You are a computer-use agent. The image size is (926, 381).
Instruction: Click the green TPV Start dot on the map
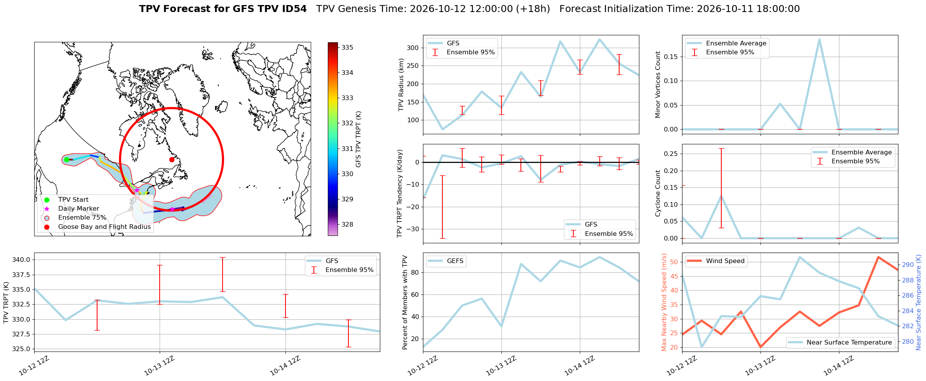click(66, 159)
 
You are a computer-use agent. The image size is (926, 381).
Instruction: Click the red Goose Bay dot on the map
click(172, 159)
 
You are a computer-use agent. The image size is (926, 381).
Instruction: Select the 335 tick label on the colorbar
click(347, 47)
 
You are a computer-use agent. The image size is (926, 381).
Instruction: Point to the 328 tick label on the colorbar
click(347, 224)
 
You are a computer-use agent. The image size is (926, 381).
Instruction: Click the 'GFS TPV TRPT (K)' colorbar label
click(358, 139)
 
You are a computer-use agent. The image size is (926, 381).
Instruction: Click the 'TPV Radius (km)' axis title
click(401, 85)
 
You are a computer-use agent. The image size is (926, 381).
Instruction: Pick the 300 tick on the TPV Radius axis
click(413, 48)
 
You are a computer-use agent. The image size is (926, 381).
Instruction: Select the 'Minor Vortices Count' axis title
click(658, 85)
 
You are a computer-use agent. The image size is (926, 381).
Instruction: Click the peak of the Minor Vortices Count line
click(819, 39)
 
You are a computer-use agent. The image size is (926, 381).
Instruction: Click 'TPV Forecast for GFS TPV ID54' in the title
click(223, 9)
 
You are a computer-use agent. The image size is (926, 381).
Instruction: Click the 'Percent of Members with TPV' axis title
click(405, 302)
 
